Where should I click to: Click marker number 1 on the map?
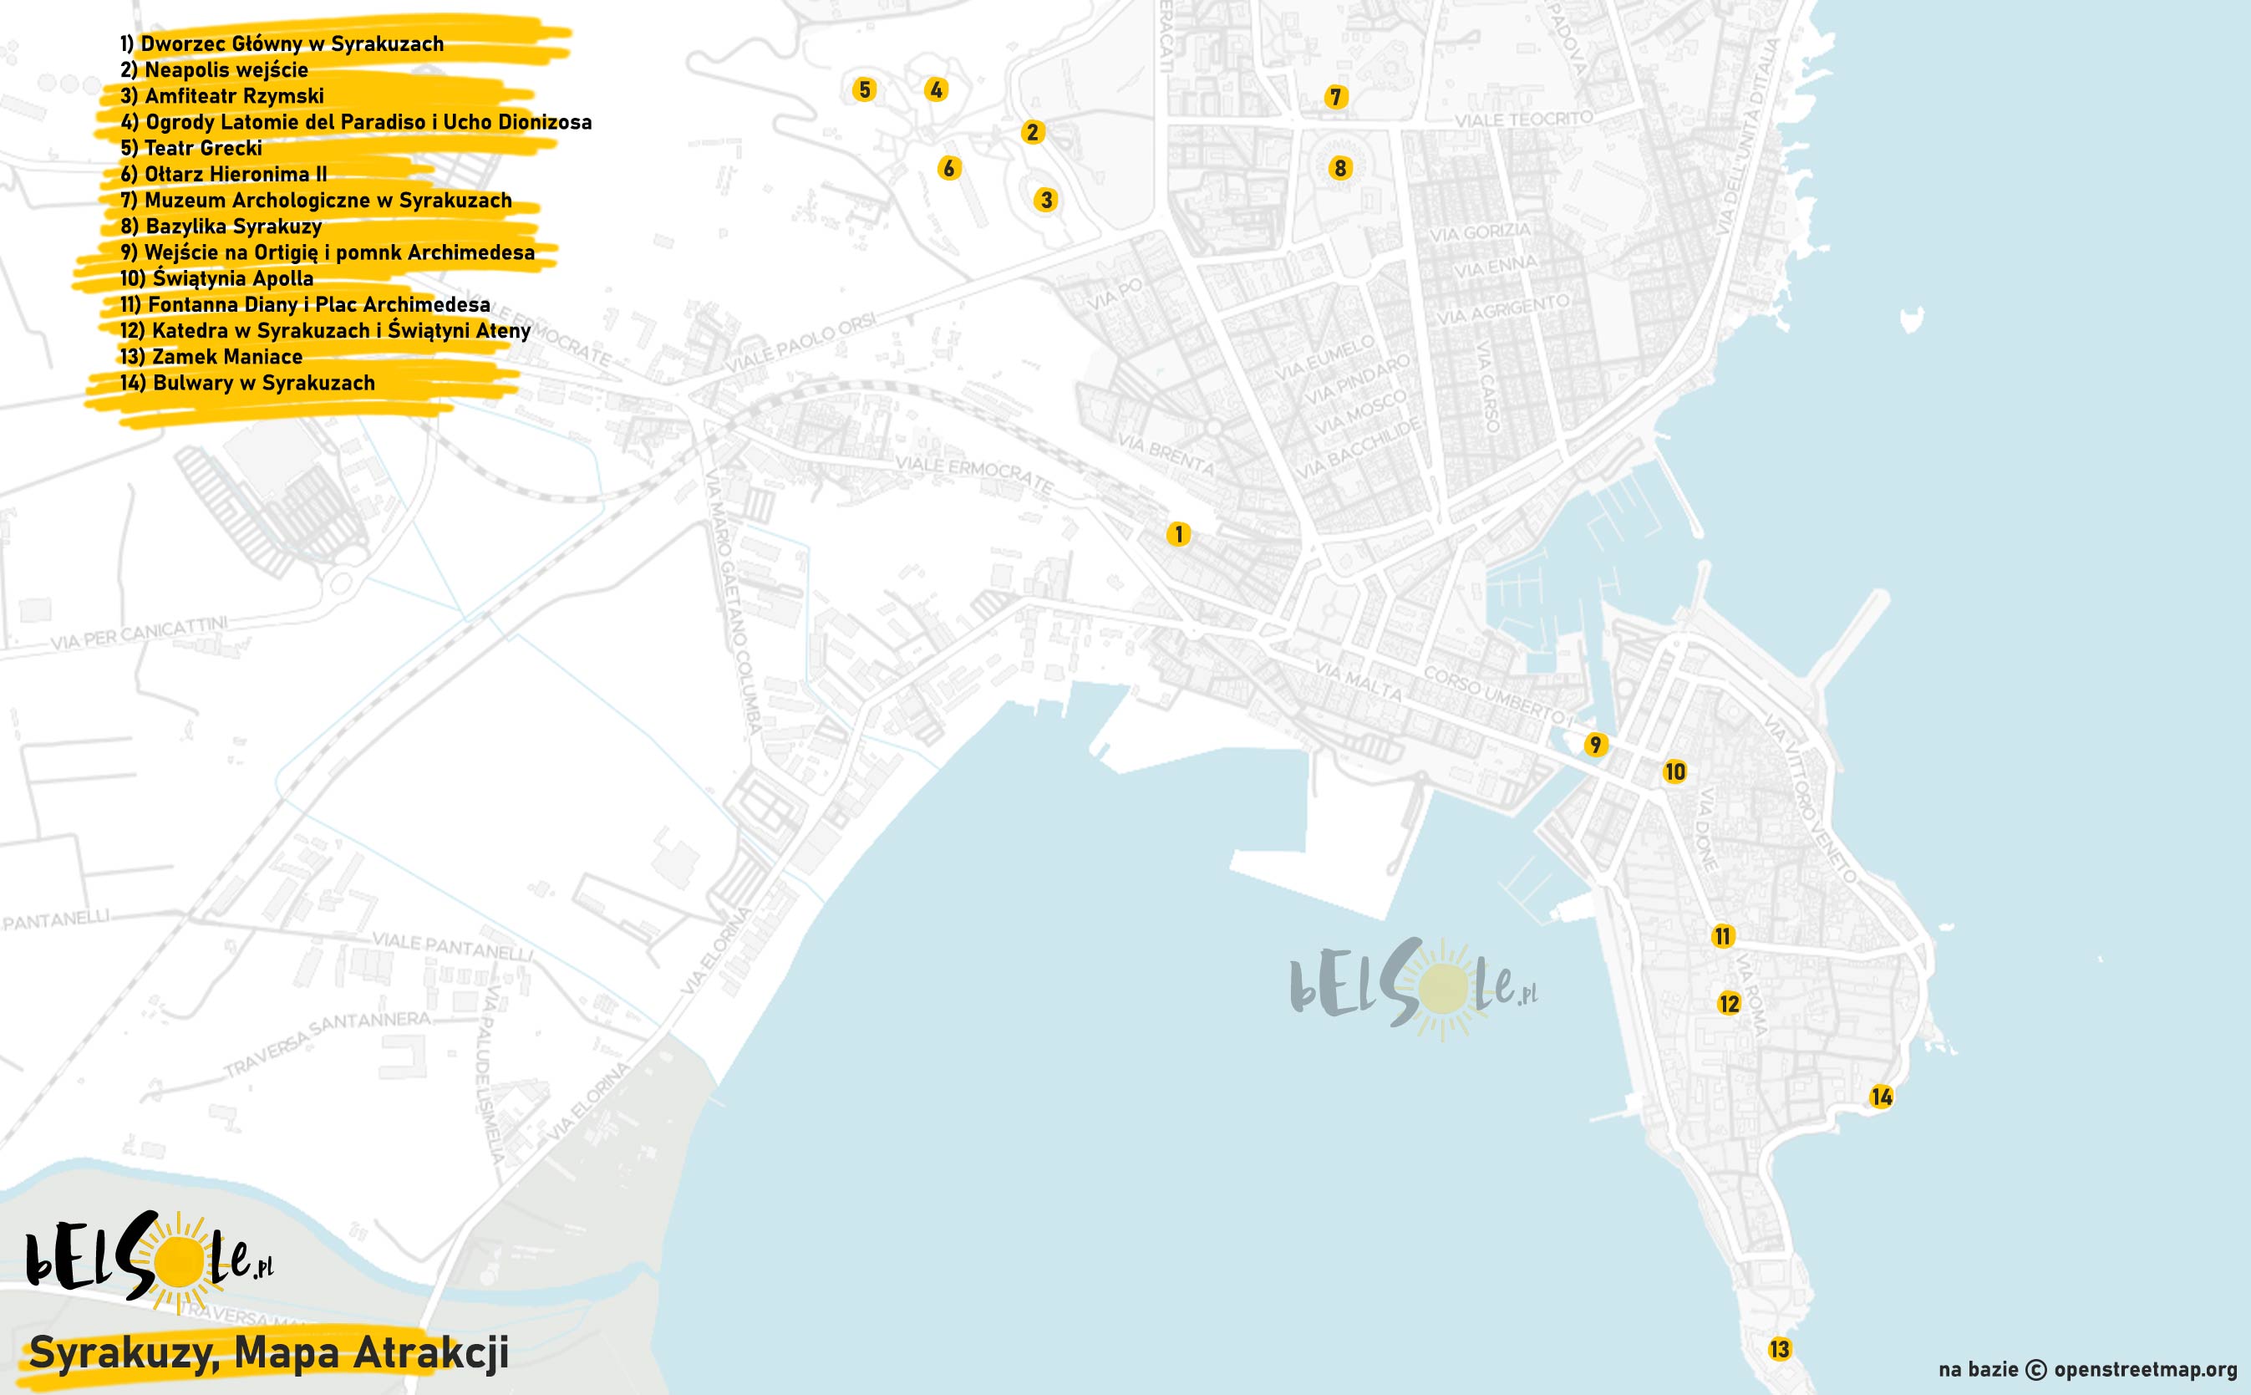point(1177,534)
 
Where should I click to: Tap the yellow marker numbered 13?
point(1779,1349)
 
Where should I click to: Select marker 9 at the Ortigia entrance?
point(1595,745)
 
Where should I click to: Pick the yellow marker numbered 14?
point(1881,1097)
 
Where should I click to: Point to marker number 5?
point(864,89)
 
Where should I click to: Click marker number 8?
point(1340,168)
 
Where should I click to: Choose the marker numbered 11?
point(1722,936)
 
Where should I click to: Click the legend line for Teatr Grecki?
point(191,149)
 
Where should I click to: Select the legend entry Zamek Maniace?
point(211,357)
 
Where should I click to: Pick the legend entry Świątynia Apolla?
point(216,278)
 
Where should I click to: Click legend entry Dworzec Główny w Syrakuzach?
point(282,44)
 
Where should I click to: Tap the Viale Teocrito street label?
point(1522,119)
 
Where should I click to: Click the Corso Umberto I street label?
point(1494,694)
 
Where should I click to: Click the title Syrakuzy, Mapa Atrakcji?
point(268,1353)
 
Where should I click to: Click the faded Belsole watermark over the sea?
point(1413,989)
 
